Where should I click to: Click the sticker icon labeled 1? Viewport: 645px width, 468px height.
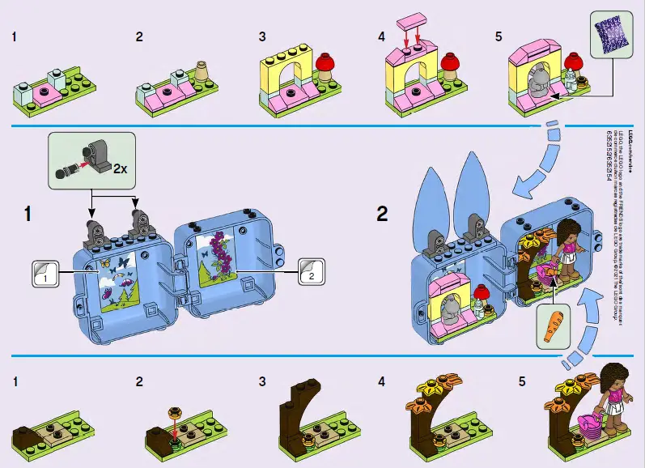tap(47, 273)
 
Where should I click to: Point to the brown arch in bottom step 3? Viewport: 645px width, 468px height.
tap(295, 410)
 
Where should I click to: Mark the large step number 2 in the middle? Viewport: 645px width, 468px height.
tap(382, 214)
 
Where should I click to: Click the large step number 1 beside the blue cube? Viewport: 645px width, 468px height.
tap(29, 214)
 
